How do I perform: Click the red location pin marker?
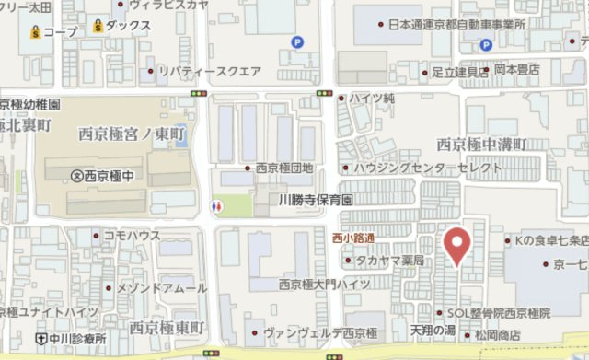[x=457, y=246]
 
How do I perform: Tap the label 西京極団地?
[x=284, y=168]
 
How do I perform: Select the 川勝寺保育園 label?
[x=317, y=198]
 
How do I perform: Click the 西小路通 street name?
[x=353, y=238]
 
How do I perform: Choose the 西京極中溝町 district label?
[x=481, y=144]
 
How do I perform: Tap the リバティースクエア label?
[x=210, y=70]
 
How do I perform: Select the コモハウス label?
[x=132, y=236]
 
